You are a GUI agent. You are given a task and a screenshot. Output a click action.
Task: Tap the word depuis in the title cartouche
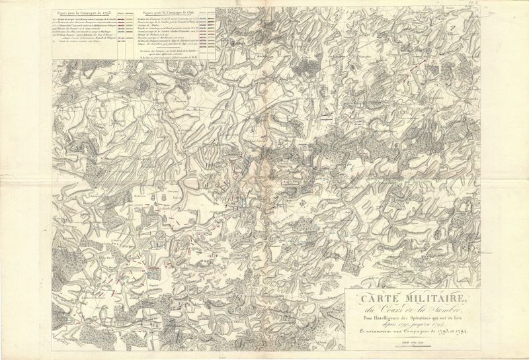click(x=389, y=326)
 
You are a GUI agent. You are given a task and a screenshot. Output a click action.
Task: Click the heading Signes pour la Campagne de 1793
click(x=88, y=11)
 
